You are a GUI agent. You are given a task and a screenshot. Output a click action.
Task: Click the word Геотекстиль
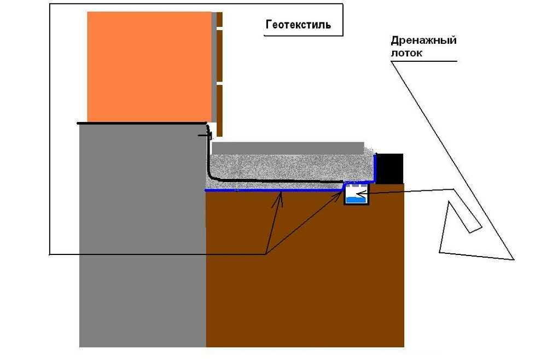(x=298, y=25)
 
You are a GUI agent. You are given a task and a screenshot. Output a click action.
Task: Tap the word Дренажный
(x=423, y=41)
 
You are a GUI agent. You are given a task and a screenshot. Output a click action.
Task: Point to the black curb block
(x=390, y=169)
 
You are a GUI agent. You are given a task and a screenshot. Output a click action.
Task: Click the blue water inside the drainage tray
(x=356, y=200)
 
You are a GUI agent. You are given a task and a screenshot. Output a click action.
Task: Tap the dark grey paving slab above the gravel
(x=288, y=148)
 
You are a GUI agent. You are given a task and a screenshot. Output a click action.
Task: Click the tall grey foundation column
(x=142, y=235)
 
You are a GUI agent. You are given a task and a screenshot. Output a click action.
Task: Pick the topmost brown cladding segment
(x=219, y=19)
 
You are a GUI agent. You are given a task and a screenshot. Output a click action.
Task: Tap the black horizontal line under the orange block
(x=142, y=124)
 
